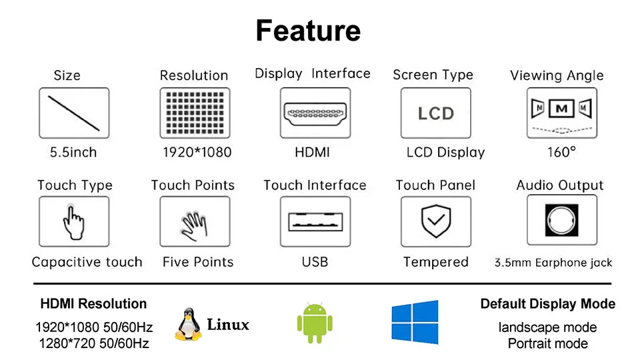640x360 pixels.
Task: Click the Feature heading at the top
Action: point(308,31)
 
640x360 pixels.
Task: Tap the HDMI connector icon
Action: point(315,113)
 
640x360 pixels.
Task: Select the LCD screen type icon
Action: point(435,113)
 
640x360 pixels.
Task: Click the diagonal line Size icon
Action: point(74,113)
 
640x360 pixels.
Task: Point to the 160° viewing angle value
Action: point(561,152)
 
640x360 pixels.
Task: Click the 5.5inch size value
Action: point(73,152)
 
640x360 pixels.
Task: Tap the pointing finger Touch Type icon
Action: point(74,222)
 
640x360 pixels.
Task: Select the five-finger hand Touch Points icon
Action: point(195,223)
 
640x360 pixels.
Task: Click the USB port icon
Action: point(315,222)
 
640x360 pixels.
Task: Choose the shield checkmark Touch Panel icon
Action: point(436,223)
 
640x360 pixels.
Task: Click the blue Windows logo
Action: point(415,322)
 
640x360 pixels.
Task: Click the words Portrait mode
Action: point(548,343)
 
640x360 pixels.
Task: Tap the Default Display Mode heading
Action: point(548,304)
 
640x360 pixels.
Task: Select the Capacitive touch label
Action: point(87,262)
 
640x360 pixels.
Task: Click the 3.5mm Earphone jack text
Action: point(553,263)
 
